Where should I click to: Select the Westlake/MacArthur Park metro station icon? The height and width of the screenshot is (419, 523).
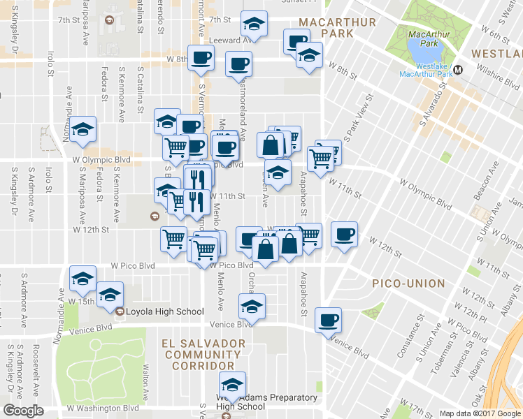point(459,69)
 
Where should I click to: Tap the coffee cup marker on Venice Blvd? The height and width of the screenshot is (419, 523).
point(327,321)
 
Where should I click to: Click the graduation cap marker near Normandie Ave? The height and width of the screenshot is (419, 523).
point(83,128)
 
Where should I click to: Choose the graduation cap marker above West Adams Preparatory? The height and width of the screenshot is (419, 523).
point(233,385)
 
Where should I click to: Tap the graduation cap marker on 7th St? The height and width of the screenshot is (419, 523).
point(254,24)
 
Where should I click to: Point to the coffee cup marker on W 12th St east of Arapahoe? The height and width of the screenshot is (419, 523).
point(343,235)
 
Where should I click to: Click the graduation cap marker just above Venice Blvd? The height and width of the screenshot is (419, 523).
point(252,306)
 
